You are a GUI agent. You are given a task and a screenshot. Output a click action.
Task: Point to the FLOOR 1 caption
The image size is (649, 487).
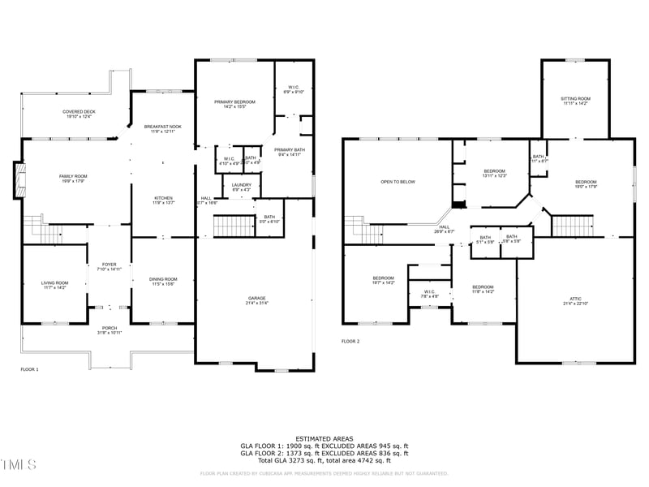pyautogui.click(x=29, y=369)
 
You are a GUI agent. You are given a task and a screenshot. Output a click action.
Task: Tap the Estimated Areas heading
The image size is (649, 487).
pyautogui.click(x=324, y=438)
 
